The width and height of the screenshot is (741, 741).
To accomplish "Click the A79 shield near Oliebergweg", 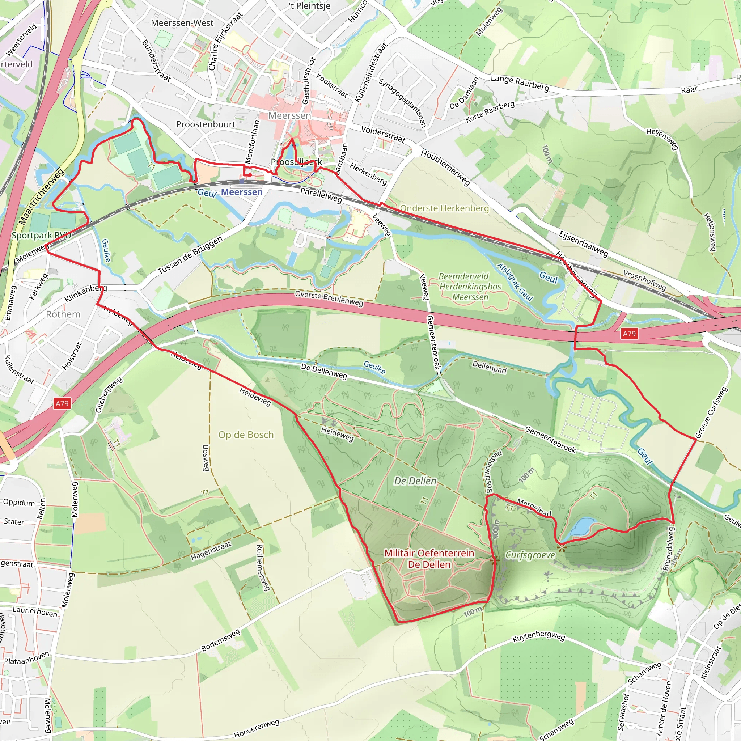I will point(62,403).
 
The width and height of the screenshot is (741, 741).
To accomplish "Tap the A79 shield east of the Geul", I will point(629,333).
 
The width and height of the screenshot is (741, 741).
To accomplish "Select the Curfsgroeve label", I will point(530,555).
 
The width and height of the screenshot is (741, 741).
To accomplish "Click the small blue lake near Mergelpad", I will point(583,527).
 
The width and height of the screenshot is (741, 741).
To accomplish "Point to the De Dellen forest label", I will point(415,481).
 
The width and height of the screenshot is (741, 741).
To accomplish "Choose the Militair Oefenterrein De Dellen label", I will point(429,559).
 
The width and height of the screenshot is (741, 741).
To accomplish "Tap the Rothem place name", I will point(63,314).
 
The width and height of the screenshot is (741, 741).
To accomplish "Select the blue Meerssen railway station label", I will point(242,192).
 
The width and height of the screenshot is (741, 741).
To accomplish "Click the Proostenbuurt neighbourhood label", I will point(206,124).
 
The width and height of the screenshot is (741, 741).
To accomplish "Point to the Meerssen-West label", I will point(182,23).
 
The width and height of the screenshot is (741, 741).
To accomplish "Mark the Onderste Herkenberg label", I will point(444,208).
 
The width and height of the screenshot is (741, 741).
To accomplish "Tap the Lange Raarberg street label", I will point(520,83).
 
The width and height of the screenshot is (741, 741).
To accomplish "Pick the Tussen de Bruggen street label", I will point(190,255).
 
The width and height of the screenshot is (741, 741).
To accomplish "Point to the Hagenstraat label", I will point(211,551).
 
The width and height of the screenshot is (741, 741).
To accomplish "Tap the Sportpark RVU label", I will point(41,235).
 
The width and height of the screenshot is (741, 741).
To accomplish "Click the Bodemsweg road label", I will point(221,640).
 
